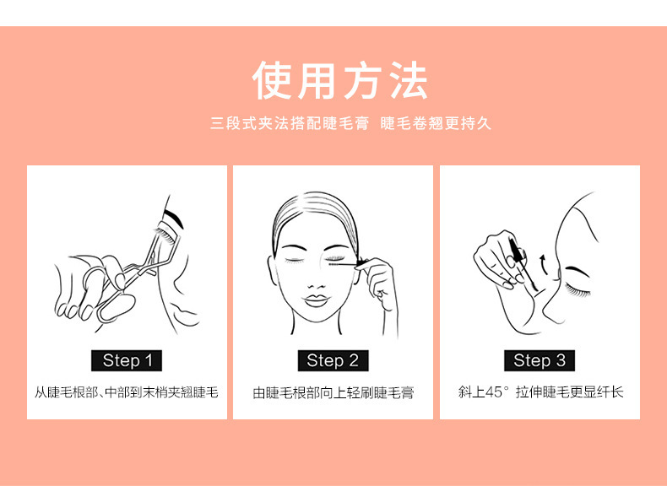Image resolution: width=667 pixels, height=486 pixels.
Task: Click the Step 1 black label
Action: [127, 360]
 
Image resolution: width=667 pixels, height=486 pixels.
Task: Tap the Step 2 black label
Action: [333, 360]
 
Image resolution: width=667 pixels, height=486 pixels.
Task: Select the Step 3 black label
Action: [540, 360]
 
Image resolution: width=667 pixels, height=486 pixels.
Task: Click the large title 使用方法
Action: [340, 81]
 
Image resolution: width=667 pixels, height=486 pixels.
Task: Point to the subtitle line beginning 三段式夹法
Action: [351, 123]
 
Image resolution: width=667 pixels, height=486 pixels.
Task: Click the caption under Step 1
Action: [127, 392]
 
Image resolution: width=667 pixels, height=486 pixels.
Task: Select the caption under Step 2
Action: [333, 392]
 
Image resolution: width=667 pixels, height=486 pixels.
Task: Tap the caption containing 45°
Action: [540, 391]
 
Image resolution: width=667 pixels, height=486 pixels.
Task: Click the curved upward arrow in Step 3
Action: [542, 264]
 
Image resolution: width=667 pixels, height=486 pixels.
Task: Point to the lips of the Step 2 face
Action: [315, 300]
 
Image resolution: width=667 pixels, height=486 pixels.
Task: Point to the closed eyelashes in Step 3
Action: [578, 291]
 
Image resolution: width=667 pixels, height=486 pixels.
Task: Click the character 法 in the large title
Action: [408, 81]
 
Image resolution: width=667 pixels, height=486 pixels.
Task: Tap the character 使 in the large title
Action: [272, 81]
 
